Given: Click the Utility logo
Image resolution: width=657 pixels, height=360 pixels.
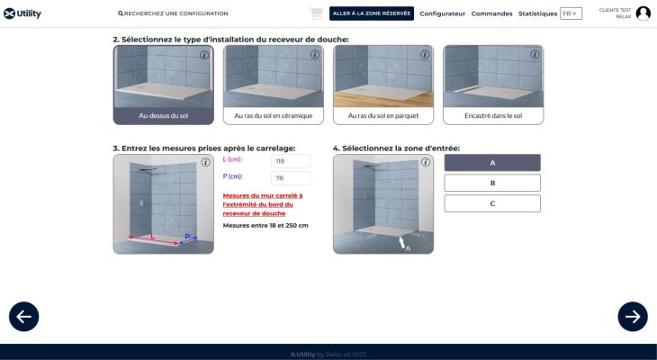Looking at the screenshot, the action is tap(22, 13).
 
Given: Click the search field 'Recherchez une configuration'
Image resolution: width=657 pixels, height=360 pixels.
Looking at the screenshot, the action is tap(173, 13).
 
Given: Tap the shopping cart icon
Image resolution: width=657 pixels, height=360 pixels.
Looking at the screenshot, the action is tap(316, 13).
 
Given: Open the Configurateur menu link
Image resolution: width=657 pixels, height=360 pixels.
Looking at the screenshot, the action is tap(443, 13).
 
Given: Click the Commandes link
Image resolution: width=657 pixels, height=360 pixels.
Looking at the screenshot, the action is tap(492, 13).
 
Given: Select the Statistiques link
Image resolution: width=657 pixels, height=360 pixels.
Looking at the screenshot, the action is tap(537, 13).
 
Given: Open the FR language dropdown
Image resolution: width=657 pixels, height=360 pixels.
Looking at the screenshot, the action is tap(571, 13).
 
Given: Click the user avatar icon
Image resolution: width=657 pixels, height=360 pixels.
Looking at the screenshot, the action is tap(643, 13).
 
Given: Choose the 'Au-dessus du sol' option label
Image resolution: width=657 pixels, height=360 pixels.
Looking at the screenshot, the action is tap(164, 116).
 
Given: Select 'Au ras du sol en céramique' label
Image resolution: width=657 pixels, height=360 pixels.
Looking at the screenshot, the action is tap(274, 116).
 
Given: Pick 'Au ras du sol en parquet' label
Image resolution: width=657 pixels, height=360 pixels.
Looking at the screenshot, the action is tap(383, 116).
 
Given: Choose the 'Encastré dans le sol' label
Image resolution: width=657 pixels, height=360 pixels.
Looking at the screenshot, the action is tap(493, 116).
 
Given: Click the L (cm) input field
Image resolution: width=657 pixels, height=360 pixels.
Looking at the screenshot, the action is tap(291, 161).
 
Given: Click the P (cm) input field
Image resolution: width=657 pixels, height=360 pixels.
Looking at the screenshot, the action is tap(291, 178).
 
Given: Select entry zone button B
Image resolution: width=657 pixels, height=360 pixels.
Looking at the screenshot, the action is tap(492, 183).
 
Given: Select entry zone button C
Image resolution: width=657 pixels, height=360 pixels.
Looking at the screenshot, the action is tap(492, 203).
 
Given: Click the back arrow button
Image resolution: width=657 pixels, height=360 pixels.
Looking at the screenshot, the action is tap(24, 317).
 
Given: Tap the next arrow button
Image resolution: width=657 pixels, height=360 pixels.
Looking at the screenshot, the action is tap(633, 317).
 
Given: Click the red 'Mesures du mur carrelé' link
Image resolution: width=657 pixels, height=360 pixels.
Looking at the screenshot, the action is tap(263, 204).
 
